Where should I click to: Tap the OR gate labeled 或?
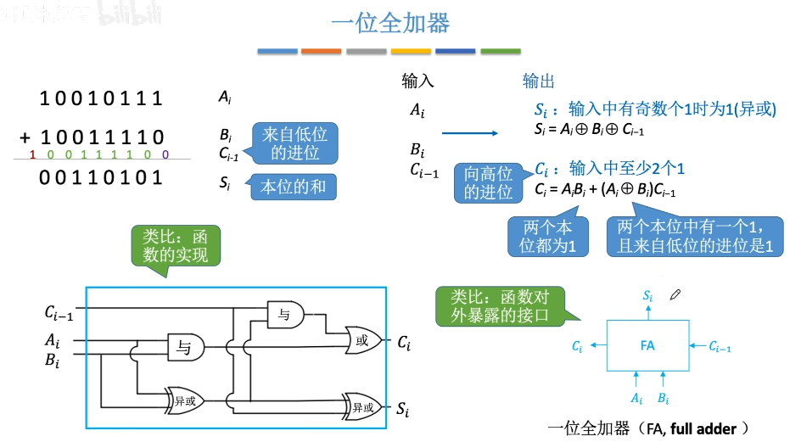(x=363, y=341)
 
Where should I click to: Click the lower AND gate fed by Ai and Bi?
(x=185, y=345)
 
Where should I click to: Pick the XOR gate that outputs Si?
(x=363, y=406)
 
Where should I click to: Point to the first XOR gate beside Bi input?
(x=185, y=399)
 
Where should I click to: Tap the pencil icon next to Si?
(x=675, y=295)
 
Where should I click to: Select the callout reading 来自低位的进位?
(x=295, y=143)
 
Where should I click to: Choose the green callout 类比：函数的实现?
(x=176, y=244)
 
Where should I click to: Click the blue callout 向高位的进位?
(x=489, y=183)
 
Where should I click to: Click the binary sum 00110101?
(x=102, y=177)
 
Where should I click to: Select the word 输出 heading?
(x=538, y=81)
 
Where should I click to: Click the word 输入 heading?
(x=417, y=81)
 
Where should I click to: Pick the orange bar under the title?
(x=321, y=52)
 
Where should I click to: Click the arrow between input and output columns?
(x=469, y=132)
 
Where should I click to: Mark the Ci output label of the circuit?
(x=404, y=343)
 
